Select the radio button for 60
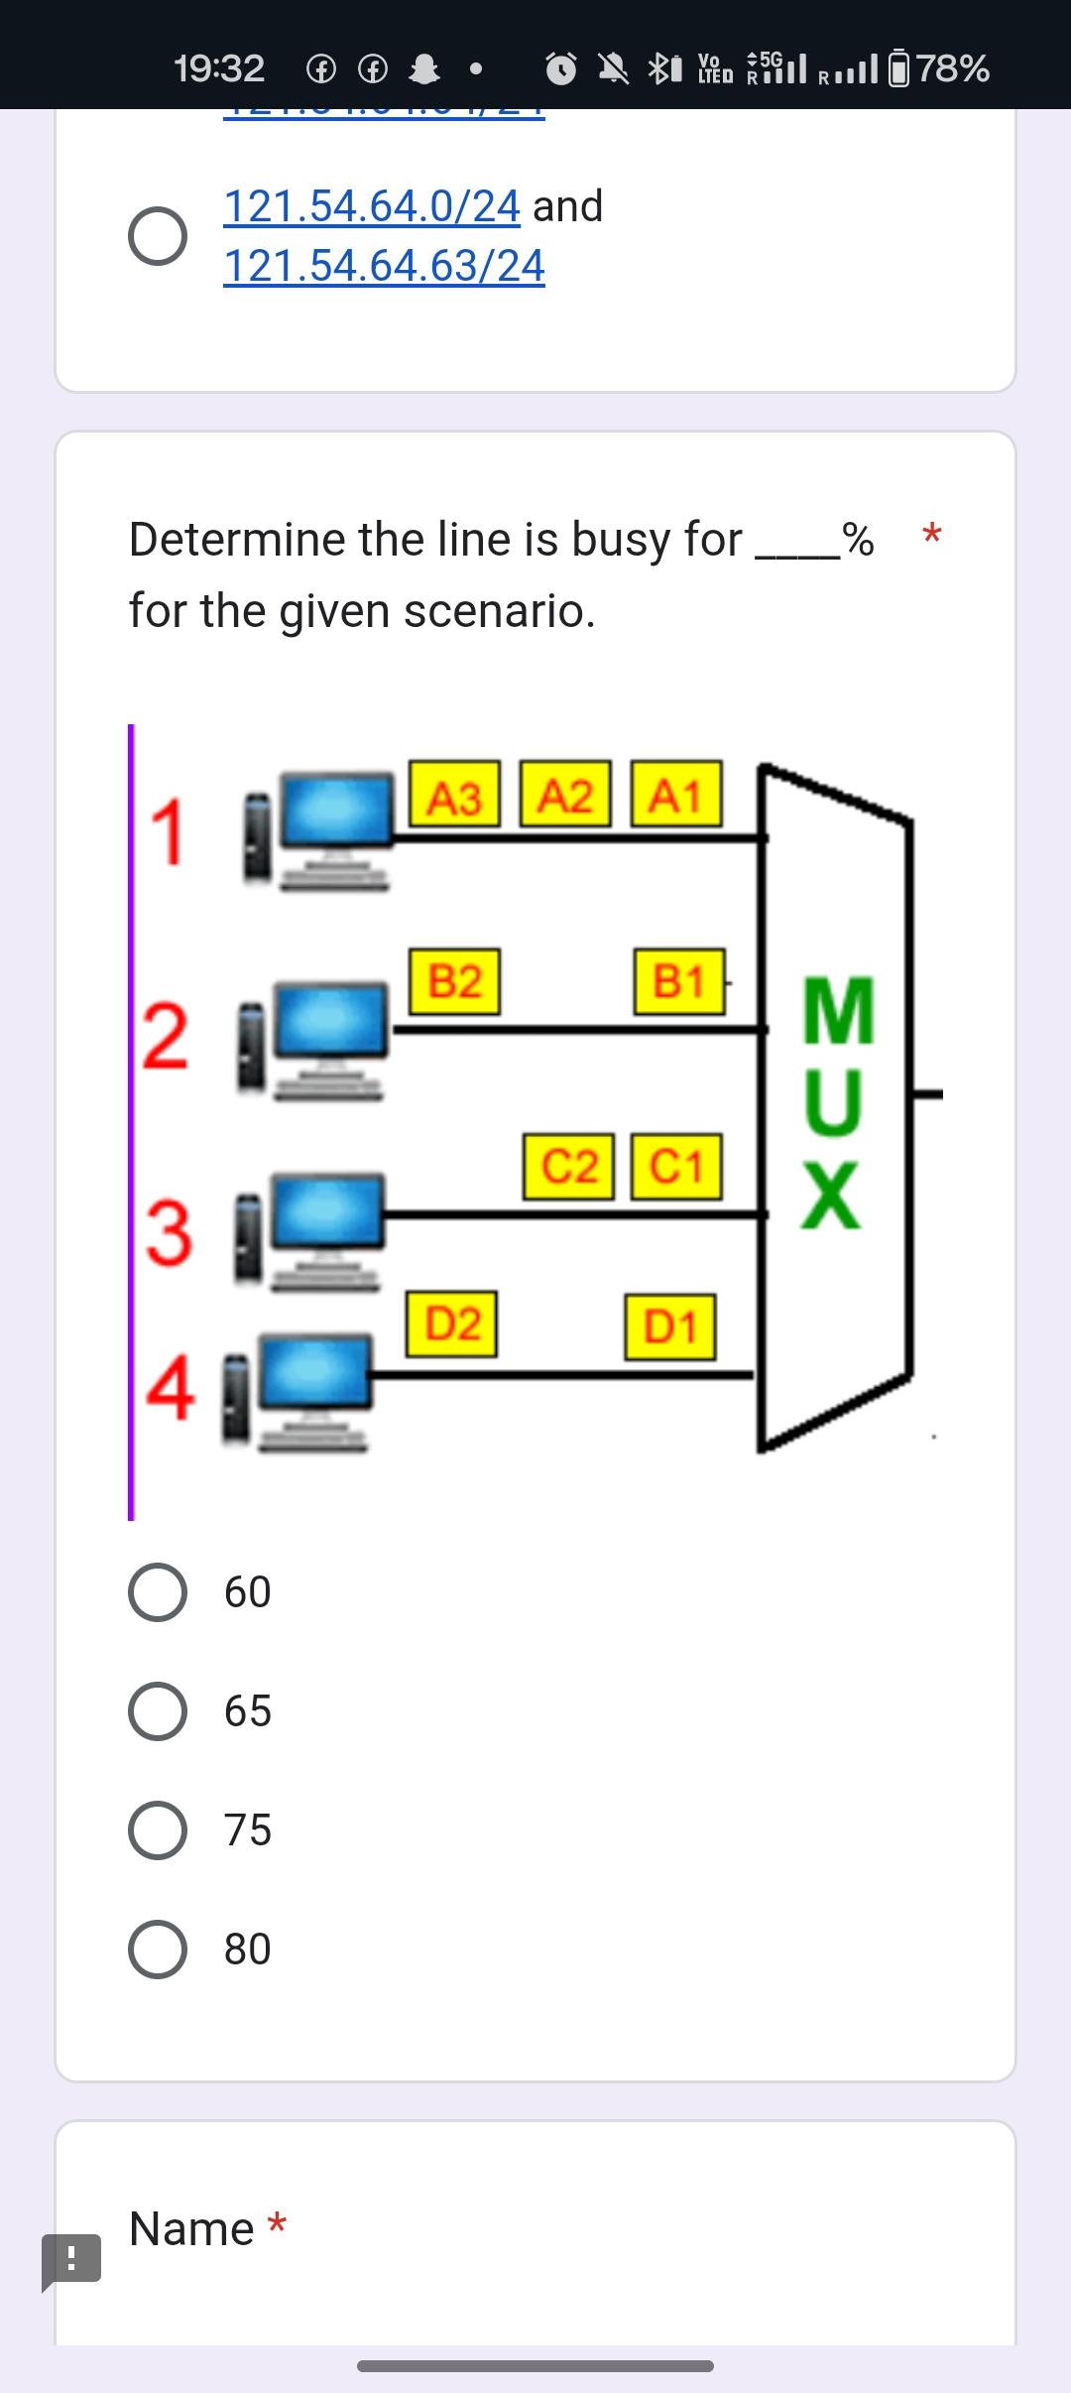[x=158, y=1592]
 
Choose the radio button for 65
[x=158, y=1711]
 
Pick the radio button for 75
[x=158, y=1830]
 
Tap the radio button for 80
[x=158, y=1950]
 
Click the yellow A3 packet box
[x=454, y=796]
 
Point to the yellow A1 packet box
[x=675, y=795]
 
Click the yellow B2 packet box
[x=454, y=981]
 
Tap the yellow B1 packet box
[x=679, y=981]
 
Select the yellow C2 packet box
[x=569, y=1166]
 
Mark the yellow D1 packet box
[x=670, y=1326]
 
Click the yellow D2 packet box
[x=452, y=1323]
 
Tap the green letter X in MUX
[x=831, y=1195]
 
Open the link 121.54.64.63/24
[x=384, y=266]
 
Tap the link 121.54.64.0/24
[x=372, y=206]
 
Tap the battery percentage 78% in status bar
[x=953, y=68]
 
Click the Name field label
[x=192, y=2229]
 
